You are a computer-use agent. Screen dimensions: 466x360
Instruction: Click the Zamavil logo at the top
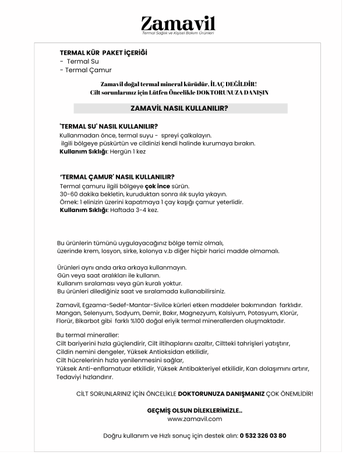click(x=178, y=24)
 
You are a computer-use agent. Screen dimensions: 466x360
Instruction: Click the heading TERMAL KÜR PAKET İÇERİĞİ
click(x=104, y=52)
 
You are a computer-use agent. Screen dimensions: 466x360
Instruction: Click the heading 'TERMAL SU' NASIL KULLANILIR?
click(x=109, y=126)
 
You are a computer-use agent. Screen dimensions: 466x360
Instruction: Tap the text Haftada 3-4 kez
click(x=134, y=210)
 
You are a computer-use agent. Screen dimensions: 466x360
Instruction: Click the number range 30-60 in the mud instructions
click(x=69, y=194)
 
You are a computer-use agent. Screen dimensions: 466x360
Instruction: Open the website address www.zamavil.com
click(x=195, y=418)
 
